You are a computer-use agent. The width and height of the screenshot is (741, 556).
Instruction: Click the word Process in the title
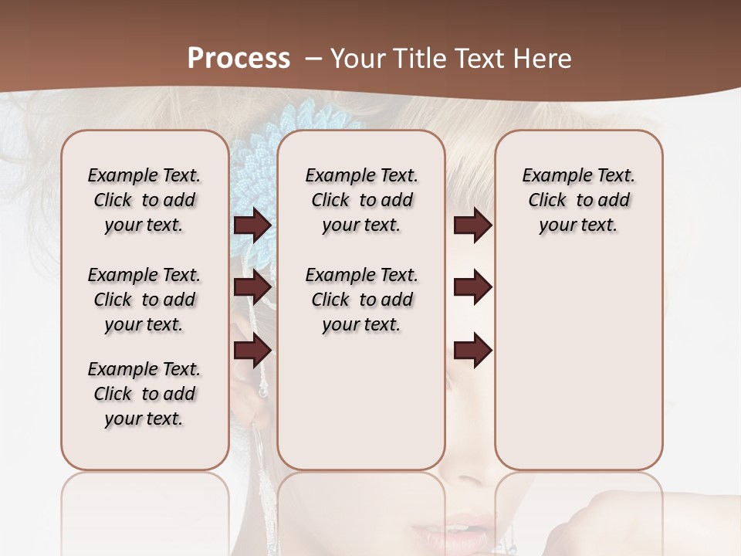(239, 58)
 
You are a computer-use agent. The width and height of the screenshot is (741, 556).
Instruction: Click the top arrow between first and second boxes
(252, 225)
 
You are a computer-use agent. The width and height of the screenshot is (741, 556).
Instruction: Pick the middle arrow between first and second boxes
(252, 286)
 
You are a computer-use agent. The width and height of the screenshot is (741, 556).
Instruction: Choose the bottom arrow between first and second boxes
(252, 350)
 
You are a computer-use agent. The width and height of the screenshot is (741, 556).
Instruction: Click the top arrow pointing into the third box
(472, 225)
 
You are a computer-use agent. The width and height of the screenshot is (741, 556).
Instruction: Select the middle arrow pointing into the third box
(472, 286)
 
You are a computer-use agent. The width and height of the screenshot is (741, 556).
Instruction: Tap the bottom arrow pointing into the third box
(472, 350)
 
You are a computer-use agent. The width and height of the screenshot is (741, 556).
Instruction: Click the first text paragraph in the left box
(144, 200)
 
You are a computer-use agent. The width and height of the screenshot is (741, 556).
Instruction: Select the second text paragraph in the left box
(144, 300)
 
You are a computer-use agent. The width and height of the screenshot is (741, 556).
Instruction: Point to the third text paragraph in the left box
(144, 394)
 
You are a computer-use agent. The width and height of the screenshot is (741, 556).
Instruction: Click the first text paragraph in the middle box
(361, 200)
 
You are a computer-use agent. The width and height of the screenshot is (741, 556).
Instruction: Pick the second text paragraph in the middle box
(361, 300)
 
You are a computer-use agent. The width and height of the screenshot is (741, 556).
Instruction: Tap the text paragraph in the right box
(578, 200)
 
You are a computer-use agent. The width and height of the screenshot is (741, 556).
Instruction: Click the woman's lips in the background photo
(455, 533)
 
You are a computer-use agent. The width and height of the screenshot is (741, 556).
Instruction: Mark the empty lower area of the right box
(578, 363)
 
